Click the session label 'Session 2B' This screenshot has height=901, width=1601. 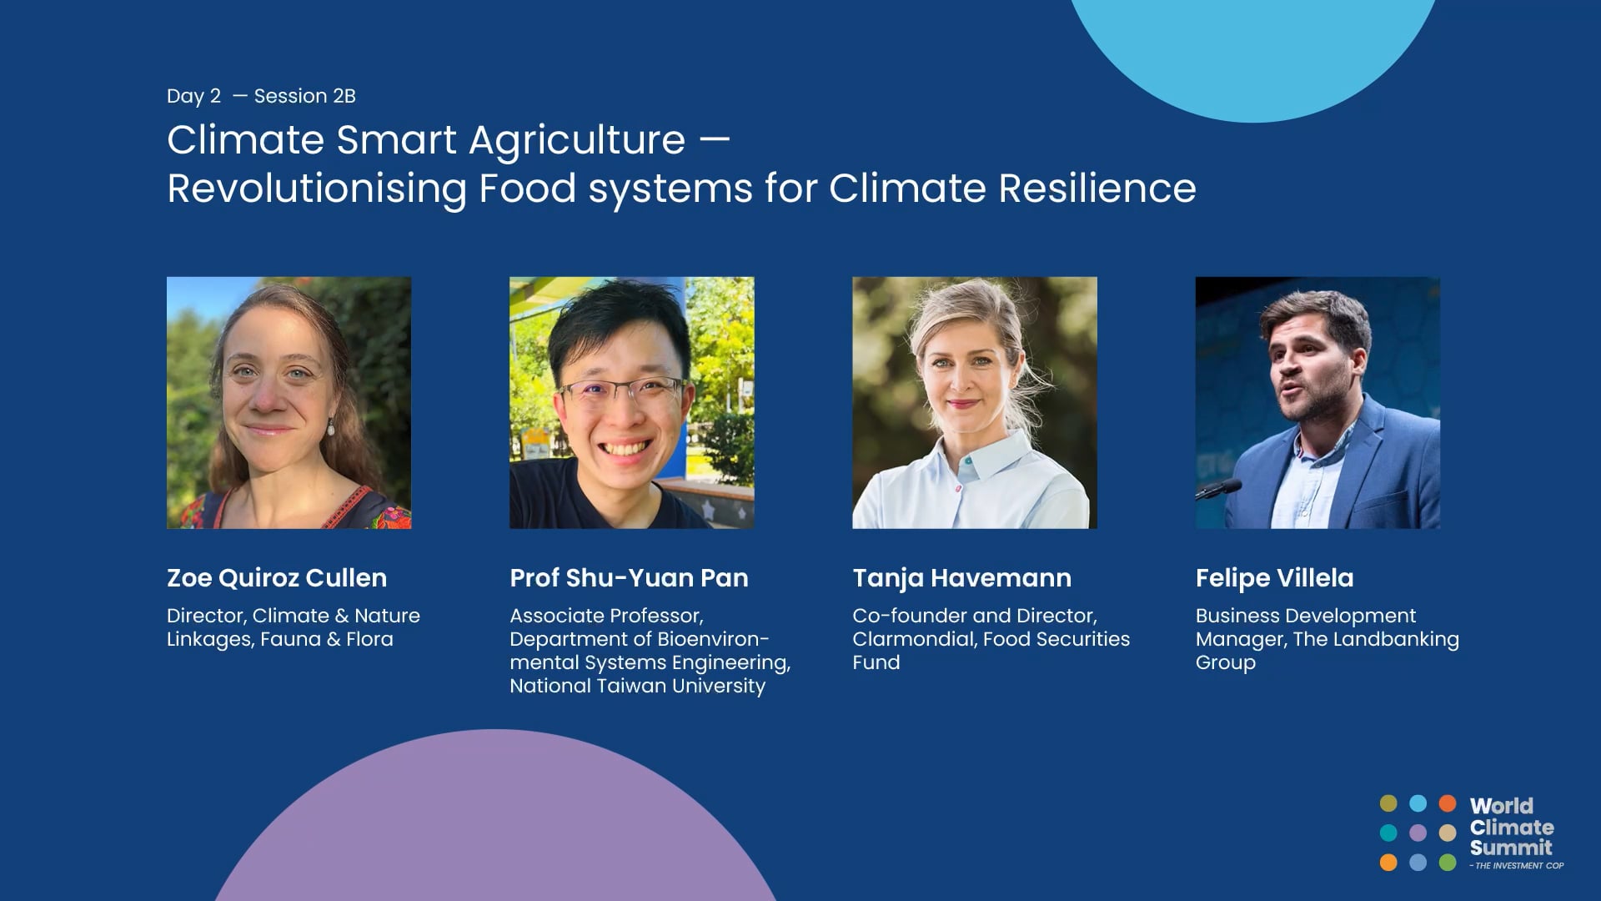[x=304, y=96]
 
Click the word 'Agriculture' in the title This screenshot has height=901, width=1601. [x=577, y=140]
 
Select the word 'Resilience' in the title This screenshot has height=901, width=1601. [x=1097, y=188]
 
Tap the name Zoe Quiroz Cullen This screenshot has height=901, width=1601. [x=277, y=577]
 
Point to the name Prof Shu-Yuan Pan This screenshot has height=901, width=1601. [x=629, y=577]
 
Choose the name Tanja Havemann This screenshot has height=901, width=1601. [x=961, y=577]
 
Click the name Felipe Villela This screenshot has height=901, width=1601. [x=1274, y=577]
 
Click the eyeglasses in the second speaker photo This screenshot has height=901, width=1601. [x=621, y=392]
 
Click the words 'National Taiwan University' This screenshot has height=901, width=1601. [x=637, y=686]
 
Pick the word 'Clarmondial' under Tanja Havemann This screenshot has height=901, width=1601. [x=914, y=639]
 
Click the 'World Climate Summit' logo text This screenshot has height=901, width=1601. [x=1511, y=827]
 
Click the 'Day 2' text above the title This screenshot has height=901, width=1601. [x=193, y=96]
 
